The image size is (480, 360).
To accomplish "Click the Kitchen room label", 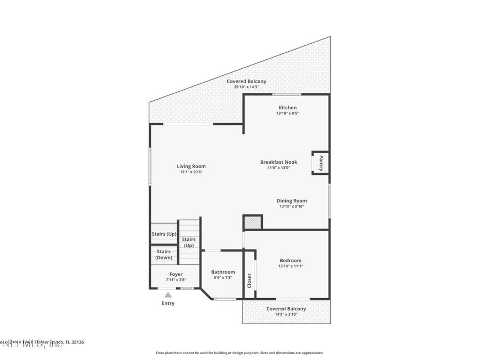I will tap(287, 108).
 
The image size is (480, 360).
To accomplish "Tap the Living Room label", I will tap(191, 166).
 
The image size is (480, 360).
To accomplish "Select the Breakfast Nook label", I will tap(278, 162).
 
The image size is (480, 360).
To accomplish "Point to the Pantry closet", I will tap(321, 162).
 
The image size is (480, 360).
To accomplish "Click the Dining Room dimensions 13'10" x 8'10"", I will tap(292, 206).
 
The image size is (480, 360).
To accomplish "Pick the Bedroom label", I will tap(290, 260).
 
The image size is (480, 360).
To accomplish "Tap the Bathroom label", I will tap(222, 272).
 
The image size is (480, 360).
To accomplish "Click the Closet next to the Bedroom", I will tap(249, 281).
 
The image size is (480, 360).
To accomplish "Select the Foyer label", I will tap(169, 274).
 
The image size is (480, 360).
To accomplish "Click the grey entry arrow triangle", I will tap(168, 294).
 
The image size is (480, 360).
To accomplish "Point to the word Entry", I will tap(168, 303).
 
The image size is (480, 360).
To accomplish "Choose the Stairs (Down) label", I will tap(164, 254).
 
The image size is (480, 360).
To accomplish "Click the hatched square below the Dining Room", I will tap(253, 222).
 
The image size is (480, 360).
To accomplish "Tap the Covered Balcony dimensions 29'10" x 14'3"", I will tap(246, 87).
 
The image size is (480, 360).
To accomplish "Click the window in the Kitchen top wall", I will tap(287, 94).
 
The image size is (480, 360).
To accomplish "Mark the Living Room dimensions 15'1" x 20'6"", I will tap(191, 172).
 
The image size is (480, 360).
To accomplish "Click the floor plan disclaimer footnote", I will tap(239, 353).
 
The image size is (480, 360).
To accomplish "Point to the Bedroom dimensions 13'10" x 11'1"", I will tap(290, 266).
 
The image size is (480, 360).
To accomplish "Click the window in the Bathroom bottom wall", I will tap(225, 299).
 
